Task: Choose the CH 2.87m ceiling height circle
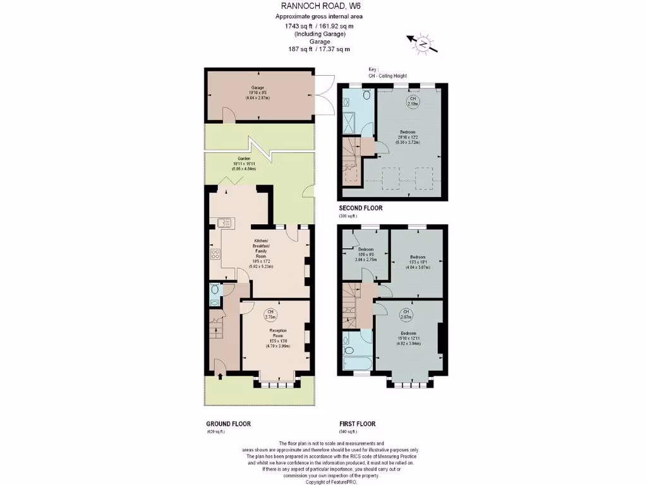(x=406, y=314)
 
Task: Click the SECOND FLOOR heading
(x=361, y=208)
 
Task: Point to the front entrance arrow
(x=220, y=377)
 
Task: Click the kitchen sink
(x=224, y=222)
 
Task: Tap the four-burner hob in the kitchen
(x=215, y=255)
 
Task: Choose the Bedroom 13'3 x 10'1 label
(x=417, y=261)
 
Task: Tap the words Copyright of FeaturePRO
(x=323, y=481)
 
